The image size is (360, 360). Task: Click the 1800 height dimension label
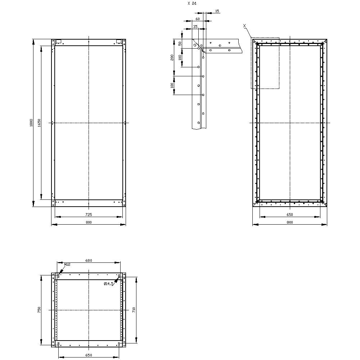pos(32,122)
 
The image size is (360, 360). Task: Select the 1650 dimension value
pos(39,122)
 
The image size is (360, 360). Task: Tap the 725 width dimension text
pos(89,214)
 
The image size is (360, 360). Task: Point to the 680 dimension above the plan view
pos(89,261)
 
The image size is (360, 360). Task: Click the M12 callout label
pos(67,265)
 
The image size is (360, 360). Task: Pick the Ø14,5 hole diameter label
pos(109,284)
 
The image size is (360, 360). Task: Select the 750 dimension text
pos(39,310)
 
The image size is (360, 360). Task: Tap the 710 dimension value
pos(134,309)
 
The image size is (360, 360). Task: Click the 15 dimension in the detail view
pos(217,11)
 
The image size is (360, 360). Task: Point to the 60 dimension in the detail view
pos(198,18)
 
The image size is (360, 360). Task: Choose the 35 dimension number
pos(195,27)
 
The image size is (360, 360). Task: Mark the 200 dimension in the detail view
pos(172,57)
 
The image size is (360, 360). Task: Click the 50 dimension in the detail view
pos(180,44)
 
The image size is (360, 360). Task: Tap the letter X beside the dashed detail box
pos(244,26)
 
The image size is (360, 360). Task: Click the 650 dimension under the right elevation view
pos(290,215)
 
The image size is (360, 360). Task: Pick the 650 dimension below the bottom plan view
pos(89,355)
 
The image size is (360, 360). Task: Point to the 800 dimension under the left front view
pos(89,222)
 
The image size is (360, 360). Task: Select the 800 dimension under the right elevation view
pos(290,222)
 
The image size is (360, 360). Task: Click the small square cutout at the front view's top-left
pos(59,41)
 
